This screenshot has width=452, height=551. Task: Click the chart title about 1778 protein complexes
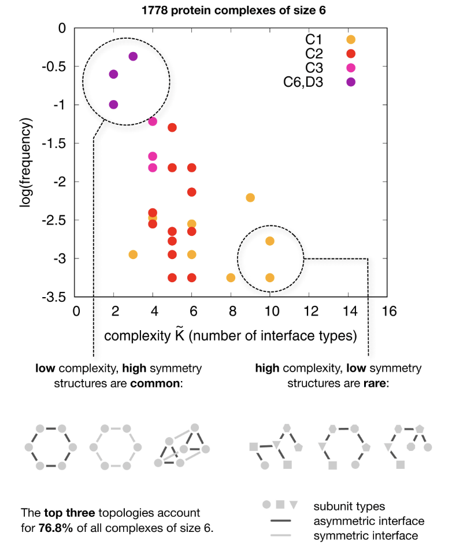(230, 10)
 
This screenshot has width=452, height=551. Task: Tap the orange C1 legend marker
(350, 39)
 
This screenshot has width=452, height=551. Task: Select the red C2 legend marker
(350, 54)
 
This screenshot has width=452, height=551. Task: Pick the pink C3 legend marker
(350, 68)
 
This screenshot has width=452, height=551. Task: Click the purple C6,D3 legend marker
(350, 82)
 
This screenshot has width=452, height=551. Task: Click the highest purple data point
(133, 56)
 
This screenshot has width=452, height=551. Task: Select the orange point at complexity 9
(250, 198)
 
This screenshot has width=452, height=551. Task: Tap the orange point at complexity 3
(133, 254)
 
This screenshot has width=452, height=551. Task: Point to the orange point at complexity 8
(231, 278)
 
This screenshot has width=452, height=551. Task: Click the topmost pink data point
(153, 121)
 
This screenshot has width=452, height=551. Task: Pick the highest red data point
(172, 127)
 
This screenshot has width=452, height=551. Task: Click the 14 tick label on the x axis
(348, 311)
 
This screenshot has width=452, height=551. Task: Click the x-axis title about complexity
(230, 335)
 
